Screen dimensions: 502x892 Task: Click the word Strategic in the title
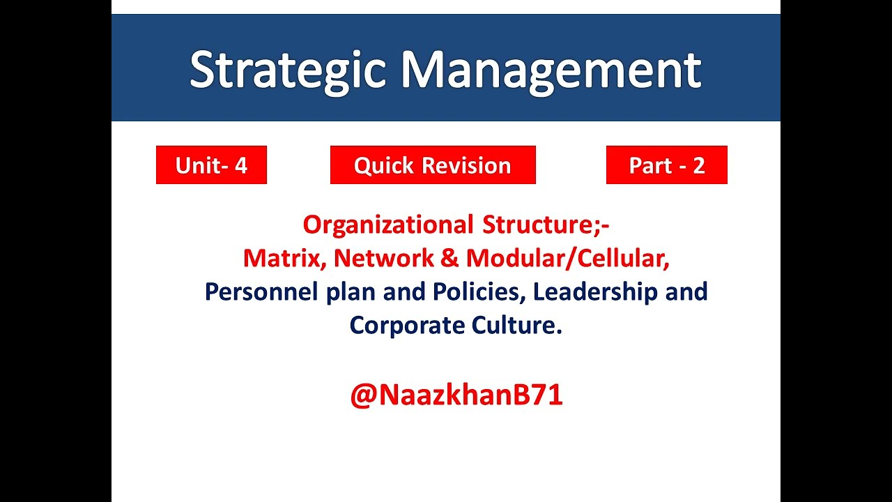tap(287, 70)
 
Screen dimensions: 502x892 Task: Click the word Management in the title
tap(550, 70)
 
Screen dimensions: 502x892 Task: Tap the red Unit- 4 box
tap(211, 165)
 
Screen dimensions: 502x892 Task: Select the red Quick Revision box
tap(432, 165)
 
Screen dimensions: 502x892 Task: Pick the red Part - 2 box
tap(666, 165)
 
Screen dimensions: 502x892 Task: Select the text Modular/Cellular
tap(567, 258)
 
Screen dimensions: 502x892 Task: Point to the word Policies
tap(478, 291)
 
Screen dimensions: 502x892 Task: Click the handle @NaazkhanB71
tap(456, 395)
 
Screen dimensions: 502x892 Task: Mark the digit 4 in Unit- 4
tap(240, 165)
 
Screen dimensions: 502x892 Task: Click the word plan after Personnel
tap(352, 291)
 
